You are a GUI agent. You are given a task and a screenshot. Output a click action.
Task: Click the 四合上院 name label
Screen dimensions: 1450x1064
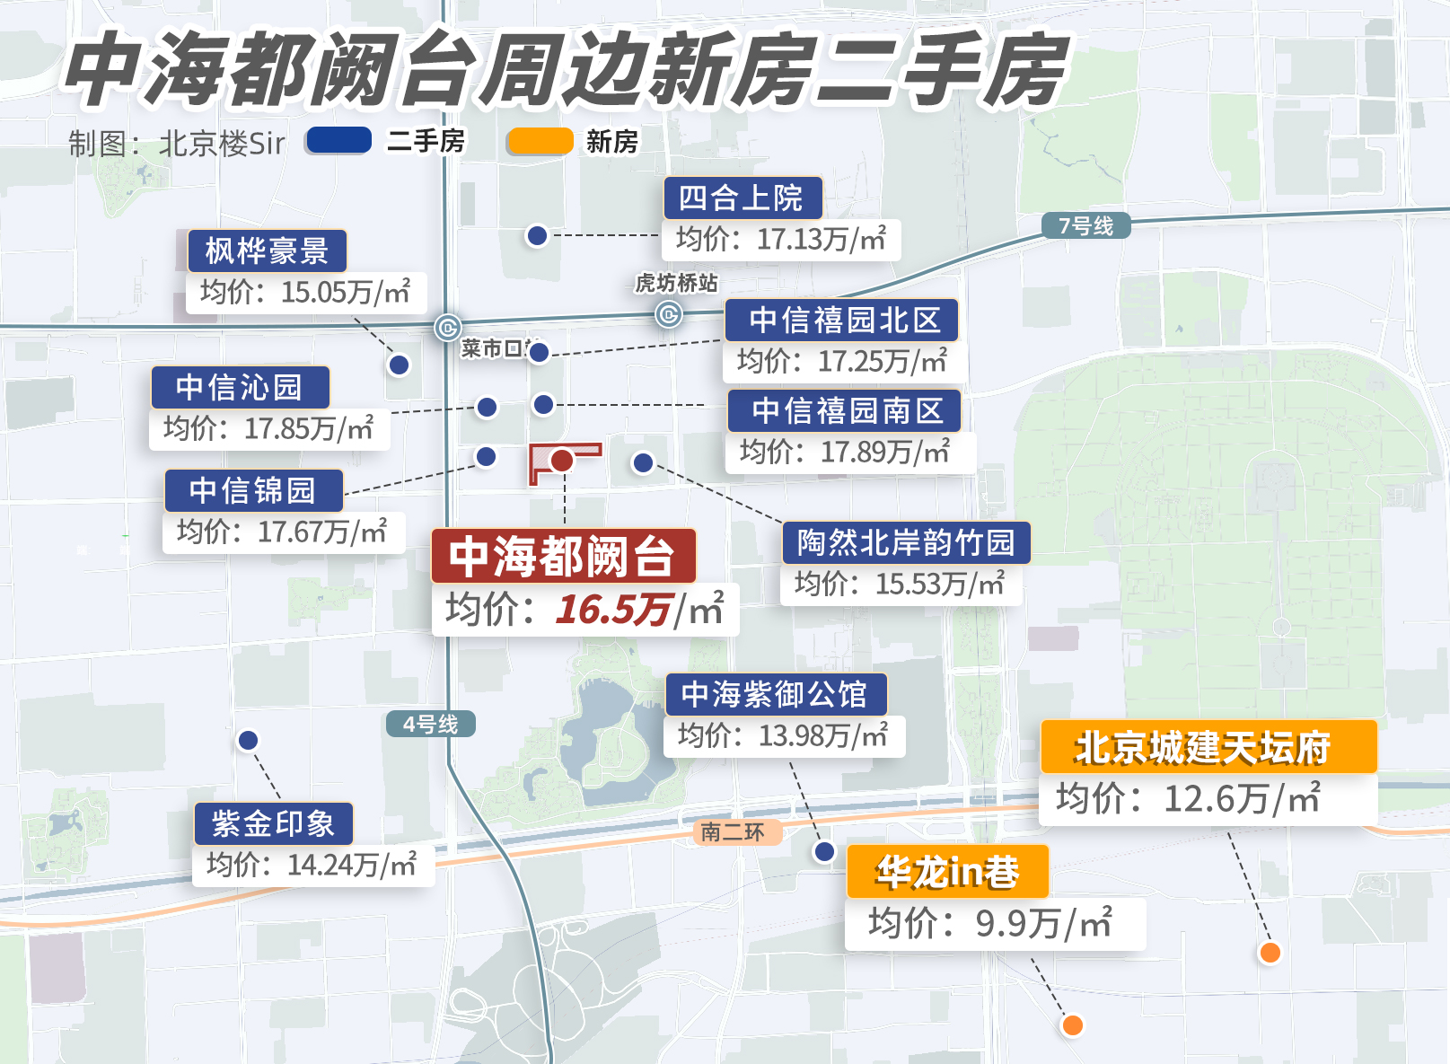tap(742, 198)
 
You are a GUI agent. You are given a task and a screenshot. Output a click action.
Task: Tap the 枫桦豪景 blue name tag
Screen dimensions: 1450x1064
tap(267, 251)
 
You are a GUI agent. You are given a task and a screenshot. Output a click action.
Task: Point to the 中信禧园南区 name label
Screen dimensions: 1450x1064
tap(845, 410)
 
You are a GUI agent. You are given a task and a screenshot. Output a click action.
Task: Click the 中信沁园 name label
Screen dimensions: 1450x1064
tap(240, 388)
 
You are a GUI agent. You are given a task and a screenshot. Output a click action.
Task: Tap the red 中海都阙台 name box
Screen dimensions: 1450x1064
tap(563, 557)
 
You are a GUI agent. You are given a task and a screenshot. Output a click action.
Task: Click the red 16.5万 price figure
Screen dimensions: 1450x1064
tap(613, 611)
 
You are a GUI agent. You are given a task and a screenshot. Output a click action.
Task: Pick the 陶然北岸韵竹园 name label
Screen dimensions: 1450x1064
tap(905, 542)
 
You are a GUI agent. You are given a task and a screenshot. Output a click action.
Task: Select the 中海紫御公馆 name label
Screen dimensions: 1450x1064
tap(775, 694)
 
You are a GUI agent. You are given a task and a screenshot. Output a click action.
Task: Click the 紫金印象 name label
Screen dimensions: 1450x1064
tap(273, 824)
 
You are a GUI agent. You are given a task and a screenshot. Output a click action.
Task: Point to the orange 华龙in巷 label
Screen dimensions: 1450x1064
tap(947, 872)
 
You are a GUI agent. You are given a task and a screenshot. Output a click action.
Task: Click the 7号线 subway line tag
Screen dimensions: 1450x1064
tap(1085, 225)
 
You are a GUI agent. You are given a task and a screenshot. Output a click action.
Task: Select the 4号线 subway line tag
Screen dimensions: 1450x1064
tap(431, 724)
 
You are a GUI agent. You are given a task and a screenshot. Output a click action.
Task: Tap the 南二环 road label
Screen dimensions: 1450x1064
tap(734, 832)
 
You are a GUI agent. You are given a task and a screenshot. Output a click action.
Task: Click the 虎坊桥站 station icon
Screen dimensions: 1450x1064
tap(668, 314)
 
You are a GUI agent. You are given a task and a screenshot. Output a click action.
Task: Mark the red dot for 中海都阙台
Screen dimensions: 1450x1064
tap(562, 461)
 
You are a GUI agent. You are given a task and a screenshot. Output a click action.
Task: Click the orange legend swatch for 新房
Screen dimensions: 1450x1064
tap(540, 141)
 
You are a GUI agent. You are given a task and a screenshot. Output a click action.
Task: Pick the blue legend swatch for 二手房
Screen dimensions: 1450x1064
tap(338, 141)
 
